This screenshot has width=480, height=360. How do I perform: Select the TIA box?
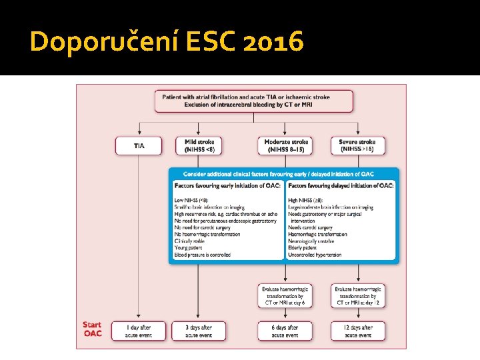point(139,145)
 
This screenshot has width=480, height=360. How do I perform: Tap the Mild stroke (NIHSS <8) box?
point(199,145)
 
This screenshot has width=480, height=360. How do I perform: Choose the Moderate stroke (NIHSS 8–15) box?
point(286,145)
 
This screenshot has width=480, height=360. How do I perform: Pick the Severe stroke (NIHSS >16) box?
point(358,145)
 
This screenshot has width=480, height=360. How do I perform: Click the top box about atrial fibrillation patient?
point(254,101)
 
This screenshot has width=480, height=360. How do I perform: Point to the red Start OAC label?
point(92,329)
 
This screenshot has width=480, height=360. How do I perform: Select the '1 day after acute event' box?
point(139,331)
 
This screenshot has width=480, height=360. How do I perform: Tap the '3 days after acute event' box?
point(199,331)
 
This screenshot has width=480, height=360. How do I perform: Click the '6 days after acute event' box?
point(285,331)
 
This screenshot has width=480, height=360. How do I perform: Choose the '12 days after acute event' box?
point(358,331)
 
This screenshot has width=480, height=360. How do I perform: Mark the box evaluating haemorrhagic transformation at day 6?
point(285,295)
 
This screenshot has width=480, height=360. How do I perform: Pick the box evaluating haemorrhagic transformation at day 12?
point(358,295)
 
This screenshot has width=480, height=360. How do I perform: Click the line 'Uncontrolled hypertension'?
point(315,255)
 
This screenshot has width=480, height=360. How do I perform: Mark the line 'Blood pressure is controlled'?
point(203,255)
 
